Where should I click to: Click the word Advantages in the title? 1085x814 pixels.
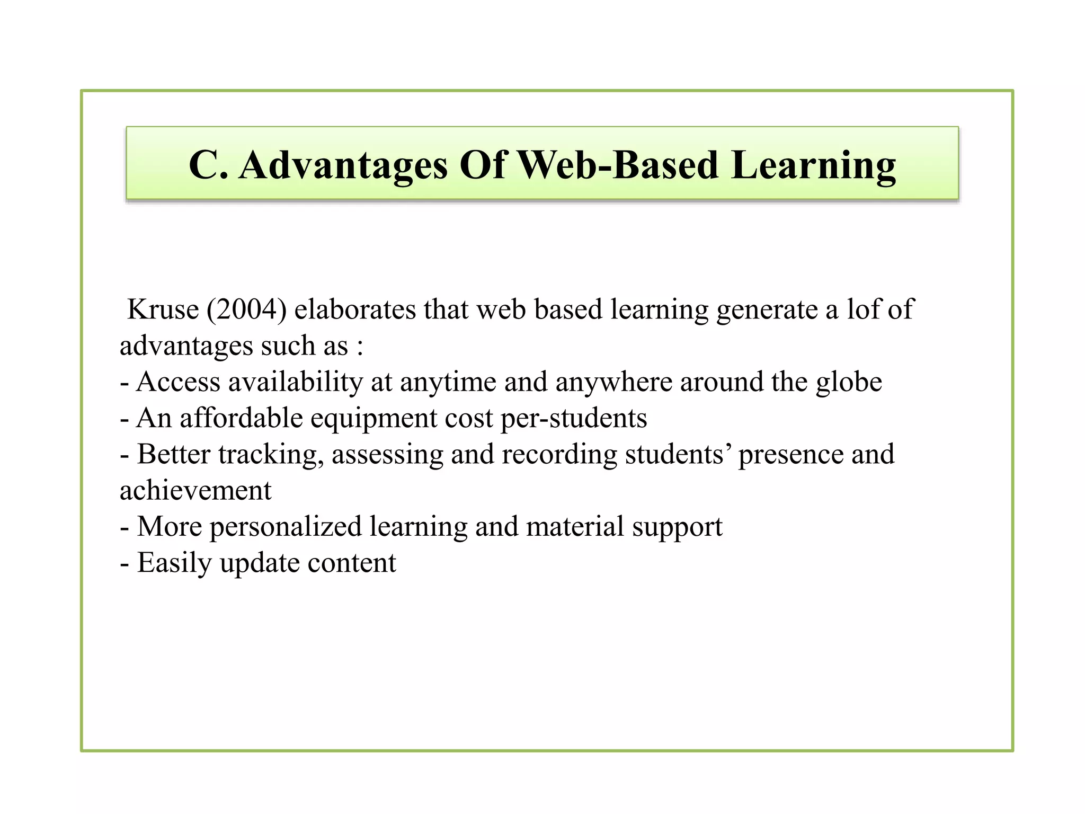pyautogui.click(x=343, y=165)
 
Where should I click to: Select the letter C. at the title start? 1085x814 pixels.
pyautogui.click(x=208, y=165)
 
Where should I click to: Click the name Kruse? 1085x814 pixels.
pyautogui.click(x=163, y=309)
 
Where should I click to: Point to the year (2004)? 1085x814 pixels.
pyautogui.click(x=246, y=309)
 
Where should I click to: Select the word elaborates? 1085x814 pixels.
pyautogui.click(x=355, y=309)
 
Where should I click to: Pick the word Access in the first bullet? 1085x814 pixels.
pyautogui.click(x=178, y=382)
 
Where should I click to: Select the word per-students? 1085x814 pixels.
pyautogui.click(x=574, y=418)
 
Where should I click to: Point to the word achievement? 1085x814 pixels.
pyautogui.click(x=195, y=491)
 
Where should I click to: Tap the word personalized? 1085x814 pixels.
pyautogui.click(x=286, y=527)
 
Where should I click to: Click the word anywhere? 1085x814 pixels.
pyautogui.click(x=613, y=382)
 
